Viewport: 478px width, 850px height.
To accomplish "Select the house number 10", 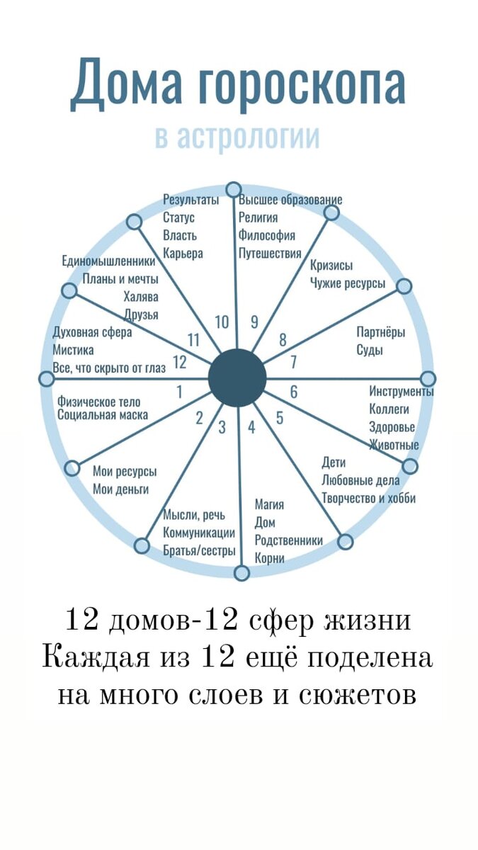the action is (x=222, y=322).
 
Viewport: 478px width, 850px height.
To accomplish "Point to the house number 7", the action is (x=293, y=362).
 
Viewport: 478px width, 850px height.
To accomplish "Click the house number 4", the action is (x=251, y=427).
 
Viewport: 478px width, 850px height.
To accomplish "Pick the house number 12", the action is (x=179, y=362).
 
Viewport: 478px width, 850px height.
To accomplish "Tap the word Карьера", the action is (x=183, y=253).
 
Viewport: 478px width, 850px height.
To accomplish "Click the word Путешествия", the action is (x=270, y=253).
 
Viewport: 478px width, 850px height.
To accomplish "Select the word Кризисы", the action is (x=331, y=266).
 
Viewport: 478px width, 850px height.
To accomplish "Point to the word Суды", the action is (x=370, y=350).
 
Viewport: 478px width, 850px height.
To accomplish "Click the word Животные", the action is (x=394, y=445).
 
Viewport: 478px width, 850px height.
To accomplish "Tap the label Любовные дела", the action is (x=360, y=480).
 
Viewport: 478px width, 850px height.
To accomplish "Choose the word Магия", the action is (x=269, y=504).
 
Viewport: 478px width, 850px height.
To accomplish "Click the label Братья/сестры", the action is (x=199, y=551).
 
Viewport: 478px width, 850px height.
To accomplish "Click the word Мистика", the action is (x=73, y=350).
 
